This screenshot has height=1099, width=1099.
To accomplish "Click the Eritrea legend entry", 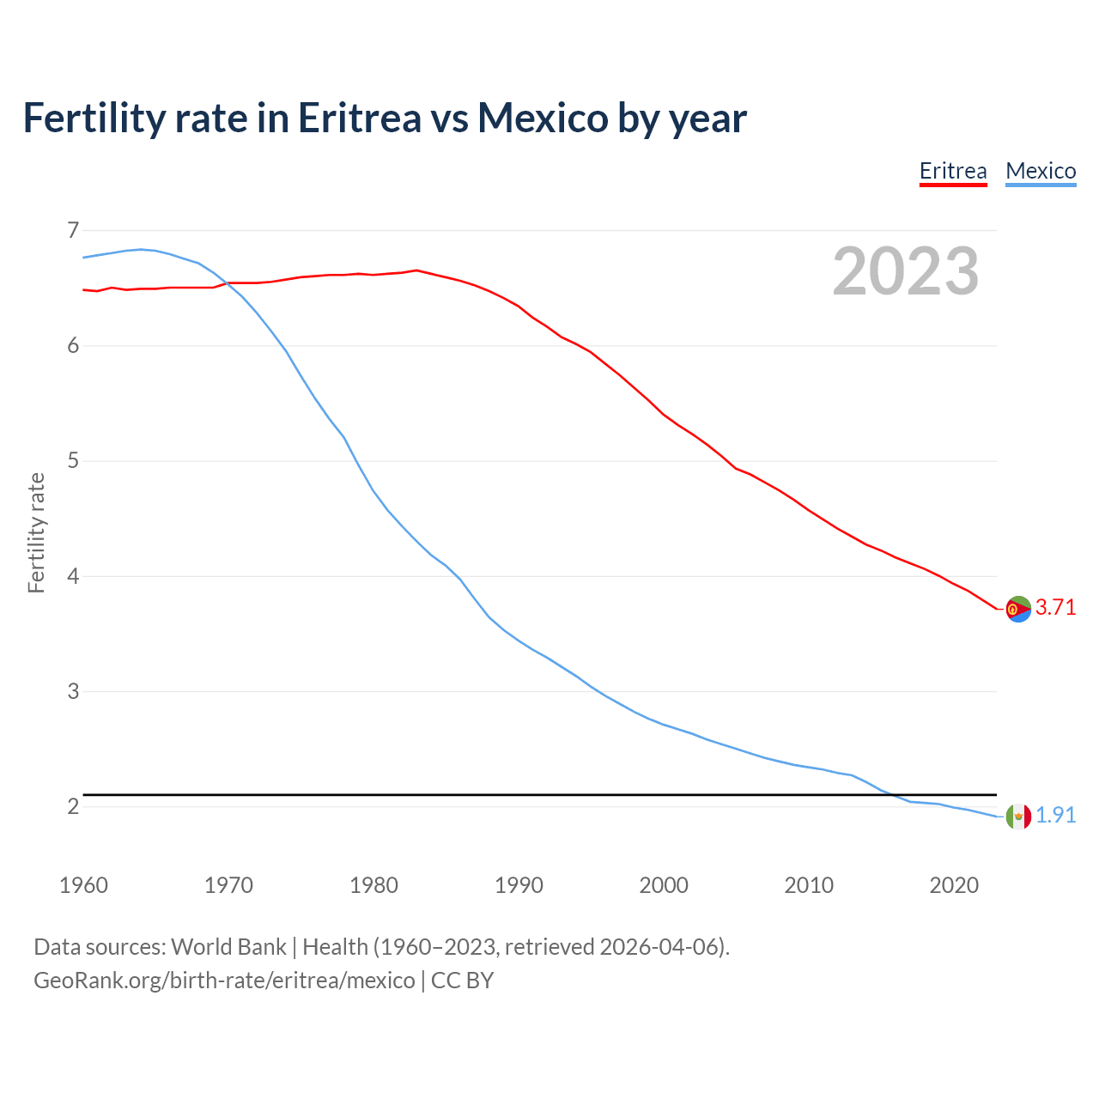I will (x=953, y=171).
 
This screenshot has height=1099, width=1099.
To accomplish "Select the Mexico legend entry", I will (x=1041, y=171).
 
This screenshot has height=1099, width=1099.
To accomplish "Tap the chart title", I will (x=385, y=118).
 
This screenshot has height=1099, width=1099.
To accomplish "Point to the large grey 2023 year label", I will (x=906, y=271).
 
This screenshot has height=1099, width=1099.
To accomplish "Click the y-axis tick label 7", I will (x=73, y=230).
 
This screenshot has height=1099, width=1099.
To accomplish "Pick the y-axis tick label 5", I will (x=73, y=461).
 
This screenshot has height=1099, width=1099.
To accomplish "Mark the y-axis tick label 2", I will (x=73, y=806).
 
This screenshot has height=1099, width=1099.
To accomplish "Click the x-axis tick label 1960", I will (x=83, y=885).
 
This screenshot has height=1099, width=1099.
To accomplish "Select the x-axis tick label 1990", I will (x=519, y=885).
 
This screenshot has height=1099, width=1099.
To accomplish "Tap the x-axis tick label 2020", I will (x=954, y=885).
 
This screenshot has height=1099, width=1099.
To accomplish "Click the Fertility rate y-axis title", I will (x=36, y=532).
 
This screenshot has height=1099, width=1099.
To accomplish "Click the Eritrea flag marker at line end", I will (x=1018, y=609).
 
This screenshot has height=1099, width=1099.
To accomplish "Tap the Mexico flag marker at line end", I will (x=1018, y=817).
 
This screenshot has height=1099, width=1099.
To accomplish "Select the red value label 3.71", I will (x=1055, y=608).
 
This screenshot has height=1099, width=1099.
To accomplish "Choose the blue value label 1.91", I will (x=1055, y=816).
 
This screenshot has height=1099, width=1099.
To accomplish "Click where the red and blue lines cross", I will (x=225, y=283).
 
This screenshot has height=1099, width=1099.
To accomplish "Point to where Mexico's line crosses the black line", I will (x=890, y=794).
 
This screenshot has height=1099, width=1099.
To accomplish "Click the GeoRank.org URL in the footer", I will (x=224, y=981).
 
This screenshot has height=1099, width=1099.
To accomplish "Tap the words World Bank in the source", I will (x=228, y=947).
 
